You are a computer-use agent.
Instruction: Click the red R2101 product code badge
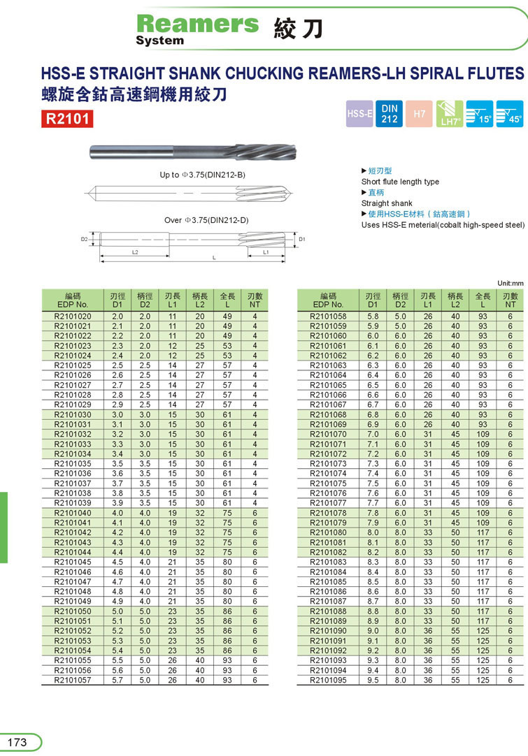(x=67, y=119)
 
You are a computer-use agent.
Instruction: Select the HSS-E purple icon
(x=359, y=114)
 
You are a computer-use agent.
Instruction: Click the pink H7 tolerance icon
(x=420, y=114)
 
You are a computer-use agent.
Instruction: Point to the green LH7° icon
(x=449, y=114)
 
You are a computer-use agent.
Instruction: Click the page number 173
(x=17, y=742)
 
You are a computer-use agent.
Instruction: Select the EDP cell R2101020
(x=72, y=317)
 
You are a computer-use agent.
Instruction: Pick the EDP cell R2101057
(x=72, y=679)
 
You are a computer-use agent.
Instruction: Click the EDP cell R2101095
(x=328, y=679)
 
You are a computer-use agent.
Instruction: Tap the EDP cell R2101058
(x=328, y=317)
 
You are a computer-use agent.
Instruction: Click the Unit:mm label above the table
(x=510, y=283)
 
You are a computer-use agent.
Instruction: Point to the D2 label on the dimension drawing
(x=83, y=239)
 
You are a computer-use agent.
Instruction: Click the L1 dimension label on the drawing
(x=266, y=251)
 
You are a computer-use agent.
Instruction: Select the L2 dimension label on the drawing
(x=135, y=251)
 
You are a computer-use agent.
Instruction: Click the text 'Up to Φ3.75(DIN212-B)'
(x=203, y=175)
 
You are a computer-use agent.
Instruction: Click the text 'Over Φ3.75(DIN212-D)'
(x=206, y=220)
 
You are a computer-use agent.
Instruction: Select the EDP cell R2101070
(x=328, y=434)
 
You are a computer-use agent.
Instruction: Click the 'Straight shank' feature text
(x=387, y=203)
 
